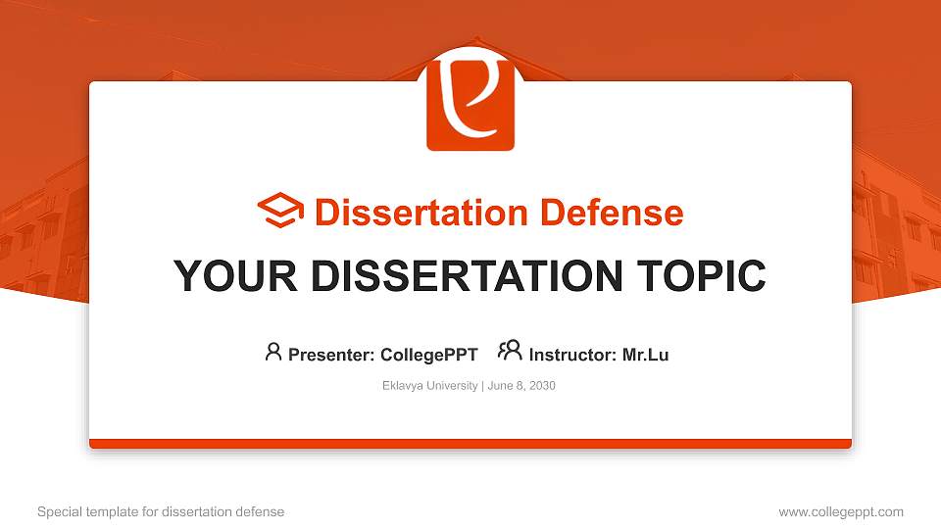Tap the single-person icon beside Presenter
[273, 352]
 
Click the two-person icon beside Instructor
[510, 352]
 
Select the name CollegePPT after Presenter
[428, 355]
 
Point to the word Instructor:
[572, 355]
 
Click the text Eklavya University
[429, 386]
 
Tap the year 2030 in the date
[541, 386]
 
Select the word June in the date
[498, 386]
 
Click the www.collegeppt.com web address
[841, 511]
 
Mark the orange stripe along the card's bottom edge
[470, 444]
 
